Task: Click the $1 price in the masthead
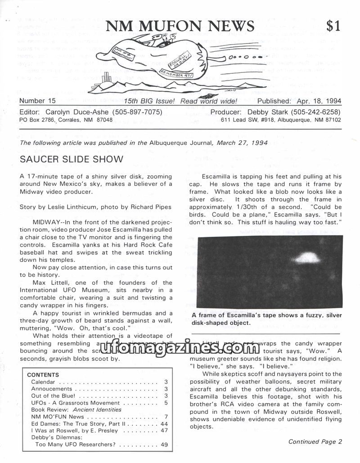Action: click(333, 26)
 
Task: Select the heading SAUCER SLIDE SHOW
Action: click(71, 159)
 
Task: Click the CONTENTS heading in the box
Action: click(43, 375)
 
